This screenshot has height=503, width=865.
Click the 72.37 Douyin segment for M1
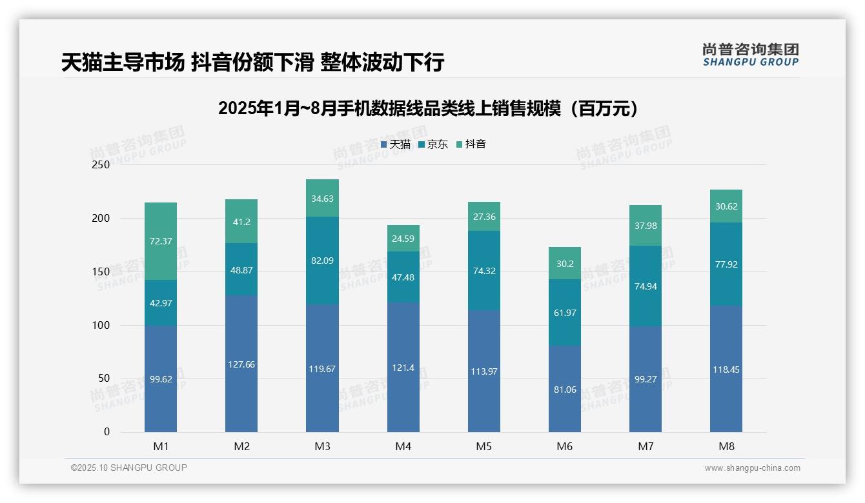(x=161, y=241)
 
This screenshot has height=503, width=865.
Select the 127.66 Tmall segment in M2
(x=241, y=364)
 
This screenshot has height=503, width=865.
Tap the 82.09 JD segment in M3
(x=322, y=261)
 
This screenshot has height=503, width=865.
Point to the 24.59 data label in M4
(x=403, y=239)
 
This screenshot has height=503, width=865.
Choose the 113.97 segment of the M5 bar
(x=483, y=371)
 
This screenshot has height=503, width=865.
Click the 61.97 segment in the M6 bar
(x=564, y=313)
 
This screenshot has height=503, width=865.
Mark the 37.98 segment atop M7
(x=645, y=225)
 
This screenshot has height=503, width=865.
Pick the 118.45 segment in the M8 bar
(x=726, y=369)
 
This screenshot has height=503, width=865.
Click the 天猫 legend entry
(x=396, y=144)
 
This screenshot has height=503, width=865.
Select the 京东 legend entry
(x=433, y=144)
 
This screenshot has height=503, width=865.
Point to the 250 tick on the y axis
(x=101, y=165)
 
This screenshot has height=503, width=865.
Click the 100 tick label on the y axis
(x=101, y=326)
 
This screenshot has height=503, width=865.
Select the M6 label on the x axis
(x=564, y=446)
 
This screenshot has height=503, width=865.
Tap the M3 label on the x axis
(x=322, y=446)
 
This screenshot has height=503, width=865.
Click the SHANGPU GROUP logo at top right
(x=750, y=55)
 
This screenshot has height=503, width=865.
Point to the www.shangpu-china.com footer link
(x=752, y=468)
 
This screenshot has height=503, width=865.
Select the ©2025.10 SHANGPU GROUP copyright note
(x=129, y=468)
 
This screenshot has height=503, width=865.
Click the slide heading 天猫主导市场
(x=252, y=63)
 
